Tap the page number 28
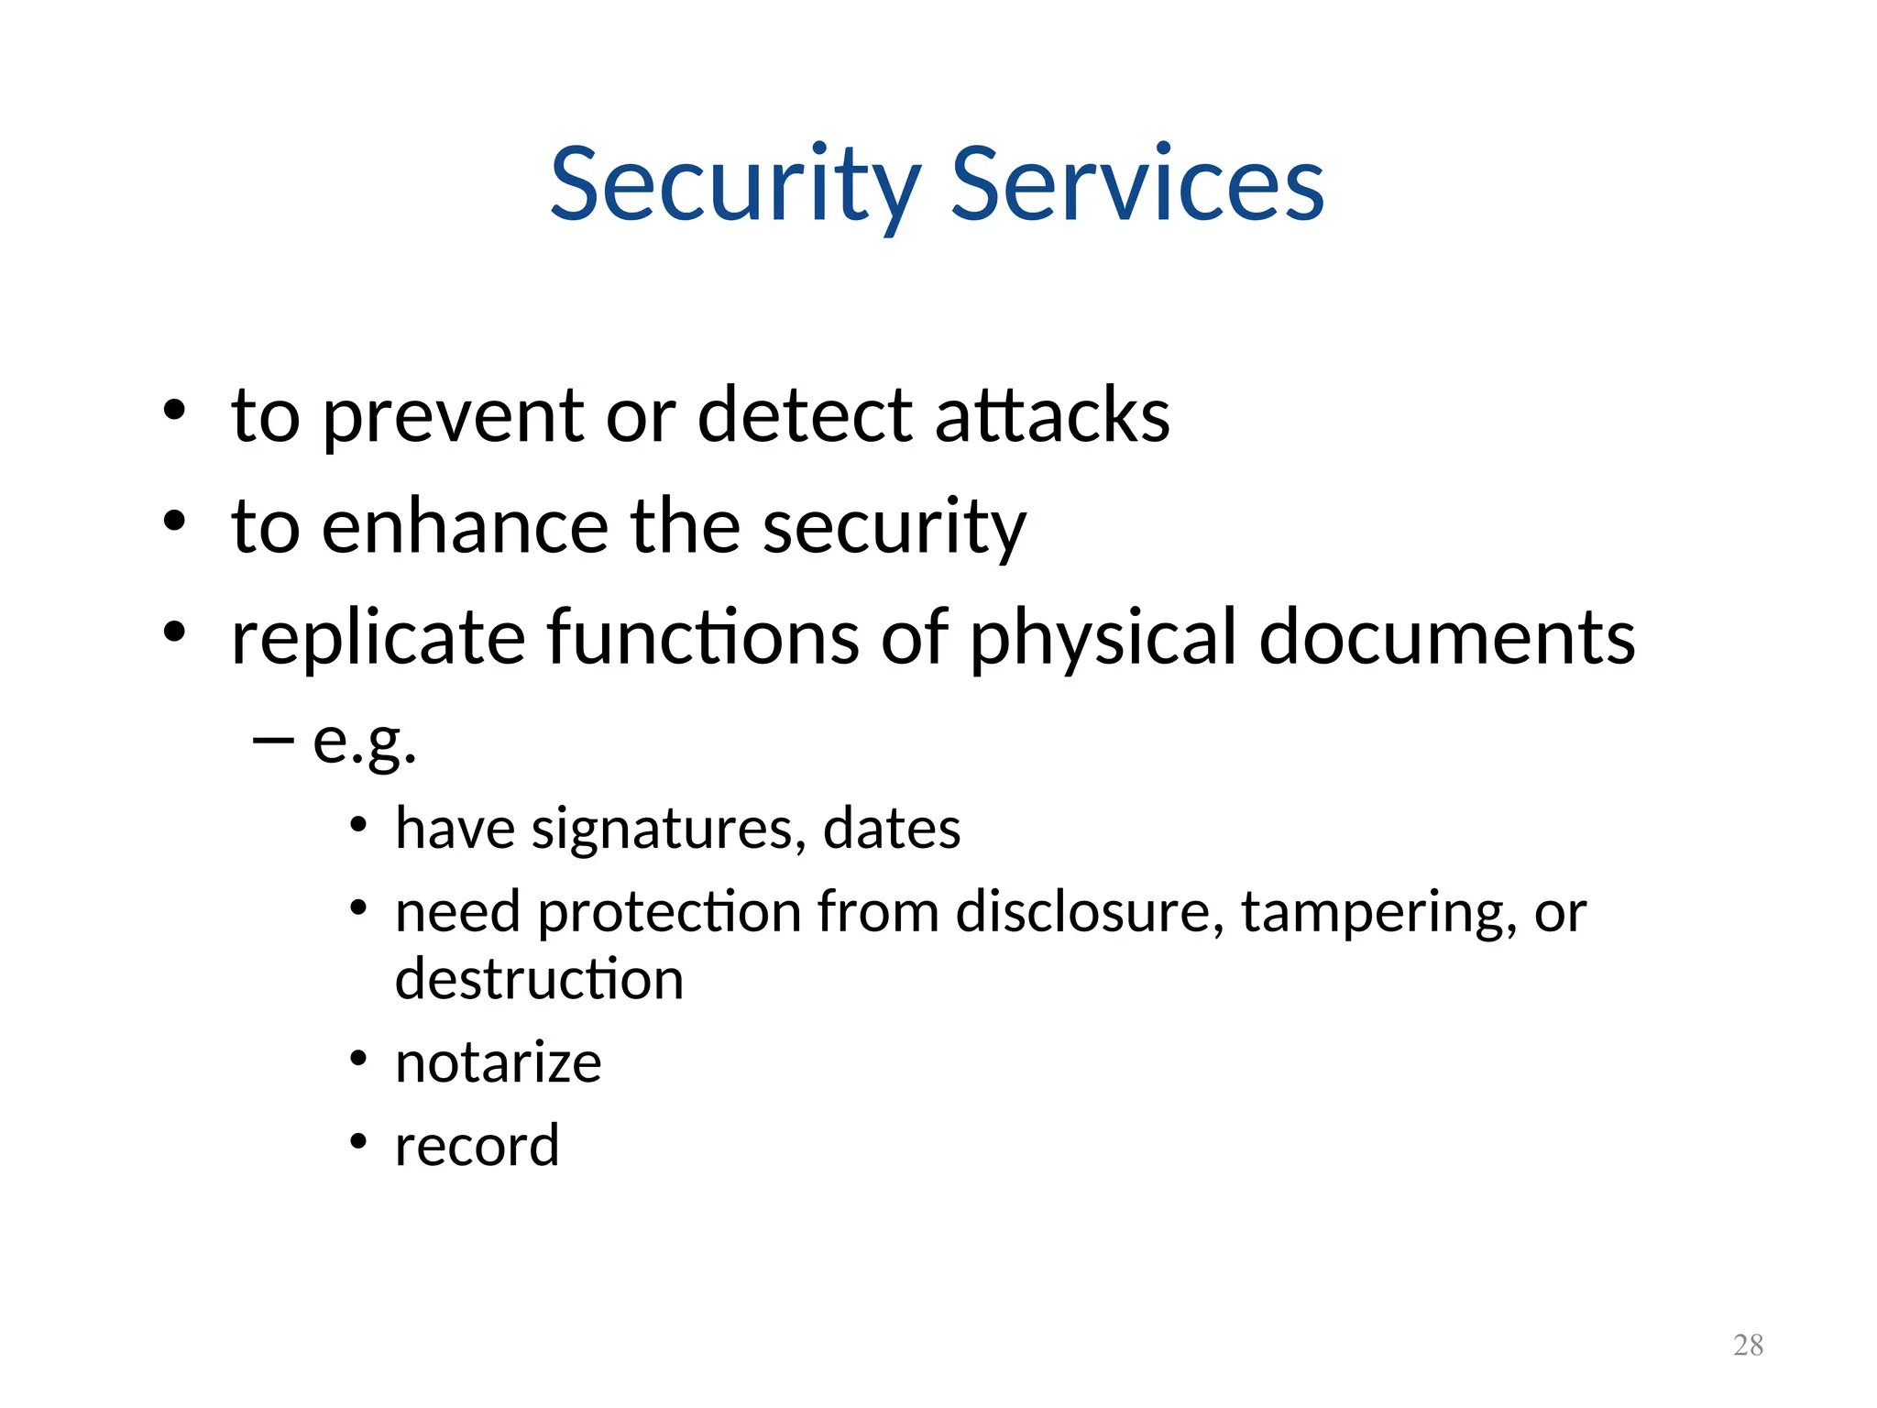[x=1748, y=1345]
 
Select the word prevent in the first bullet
[x=454, y=417]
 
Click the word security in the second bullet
[x=894, y=529]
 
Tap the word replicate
[x=378, y=638]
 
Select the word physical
[x=1103, y=640]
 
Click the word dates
[x=891, y=829]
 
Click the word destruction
[x=539, y=979]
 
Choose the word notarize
[x=498, y=1063]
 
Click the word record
[x=477, y=1146]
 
